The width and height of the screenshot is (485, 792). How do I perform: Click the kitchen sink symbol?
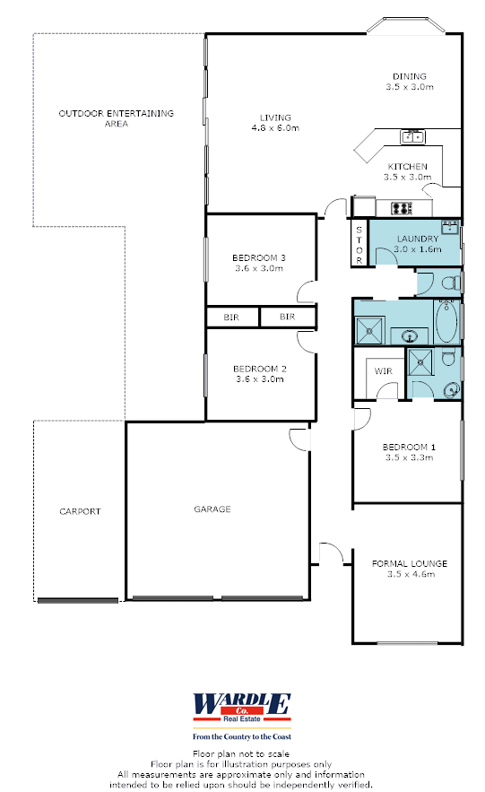pyautogui.click(x=412, y=136)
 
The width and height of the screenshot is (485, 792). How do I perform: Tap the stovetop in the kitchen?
pyautogui.click(x=403, y=207)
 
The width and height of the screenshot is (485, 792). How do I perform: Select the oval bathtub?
pyautogui.click(x=446, y=321)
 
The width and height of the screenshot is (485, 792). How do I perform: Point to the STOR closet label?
pyautogui.click(x=359, y=245)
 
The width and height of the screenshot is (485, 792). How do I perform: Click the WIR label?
pyautogui.click(x=383, y=371)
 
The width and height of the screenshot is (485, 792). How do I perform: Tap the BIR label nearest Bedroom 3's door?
pyautogui.click(x=287, y=317)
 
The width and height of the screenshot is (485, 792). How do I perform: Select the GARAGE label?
pyautogui.click(x=212, y=509)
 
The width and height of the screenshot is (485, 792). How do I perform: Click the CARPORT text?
pyautogui.click(x=80, y=511)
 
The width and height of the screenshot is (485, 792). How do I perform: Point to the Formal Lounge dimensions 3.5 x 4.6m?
pyautogui.click(x=411, y=574)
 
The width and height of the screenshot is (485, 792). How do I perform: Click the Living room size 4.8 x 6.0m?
pyautogui.click(x=275, y=128)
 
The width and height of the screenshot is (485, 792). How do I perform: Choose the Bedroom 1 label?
pyautogui.click(x=409, y=447)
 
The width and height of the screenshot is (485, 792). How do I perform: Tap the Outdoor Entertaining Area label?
pyautogui.click(x=116, y=118)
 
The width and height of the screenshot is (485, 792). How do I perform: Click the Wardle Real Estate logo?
pyautogui.click(x=242, y=709)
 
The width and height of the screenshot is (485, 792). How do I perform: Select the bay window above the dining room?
pyautogui.click(x=406, y=26)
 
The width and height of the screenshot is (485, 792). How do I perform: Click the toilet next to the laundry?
pyautogui.click(x=452, y=282)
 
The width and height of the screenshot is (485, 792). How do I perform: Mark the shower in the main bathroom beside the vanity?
pyautogui.click(x=370, y=331)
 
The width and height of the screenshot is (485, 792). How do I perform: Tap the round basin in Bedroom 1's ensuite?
pyautogui.click(x=451, y=389)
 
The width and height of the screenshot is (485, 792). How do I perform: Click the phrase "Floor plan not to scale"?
pyautogui.click(x=241, y=753)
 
